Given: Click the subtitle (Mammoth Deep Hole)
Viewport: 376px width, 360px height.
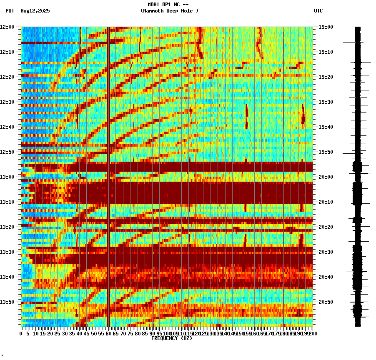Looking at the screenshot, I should coord(169,11).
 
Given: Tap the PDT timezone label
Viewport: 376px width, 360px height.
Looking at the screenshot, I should coord(10,11).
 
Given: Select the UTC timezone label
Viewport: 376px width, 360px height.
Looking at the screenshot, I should coord(318,11).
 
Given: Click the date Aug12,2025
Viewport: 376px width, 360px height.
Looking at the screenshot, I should coord(35,11).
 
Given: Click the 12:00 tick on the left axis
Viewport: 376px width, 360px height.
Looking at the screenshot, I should coord(8,27).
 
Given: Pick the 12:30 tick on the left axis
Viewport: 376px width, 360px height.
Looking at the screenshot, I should coord(8,102).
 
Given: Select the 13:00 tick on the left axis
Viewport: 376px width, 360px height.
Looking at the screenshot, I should coord(8,177).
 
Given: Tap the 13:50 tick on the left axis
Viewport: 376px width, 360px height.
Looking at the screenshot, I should coord(8,302).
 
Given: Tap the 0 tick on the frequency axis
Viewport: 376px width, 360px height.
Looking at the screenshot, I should coord(21,334).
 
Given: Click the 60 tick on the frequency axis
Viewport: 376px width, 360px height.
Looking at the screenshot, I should coord(109,334).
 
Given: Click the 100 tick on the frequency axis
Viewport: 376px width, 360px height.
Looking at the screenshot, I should coord(167,334).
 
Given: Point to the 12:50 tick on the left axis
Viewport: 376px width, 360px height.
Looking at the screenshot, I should coord(8,152).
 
